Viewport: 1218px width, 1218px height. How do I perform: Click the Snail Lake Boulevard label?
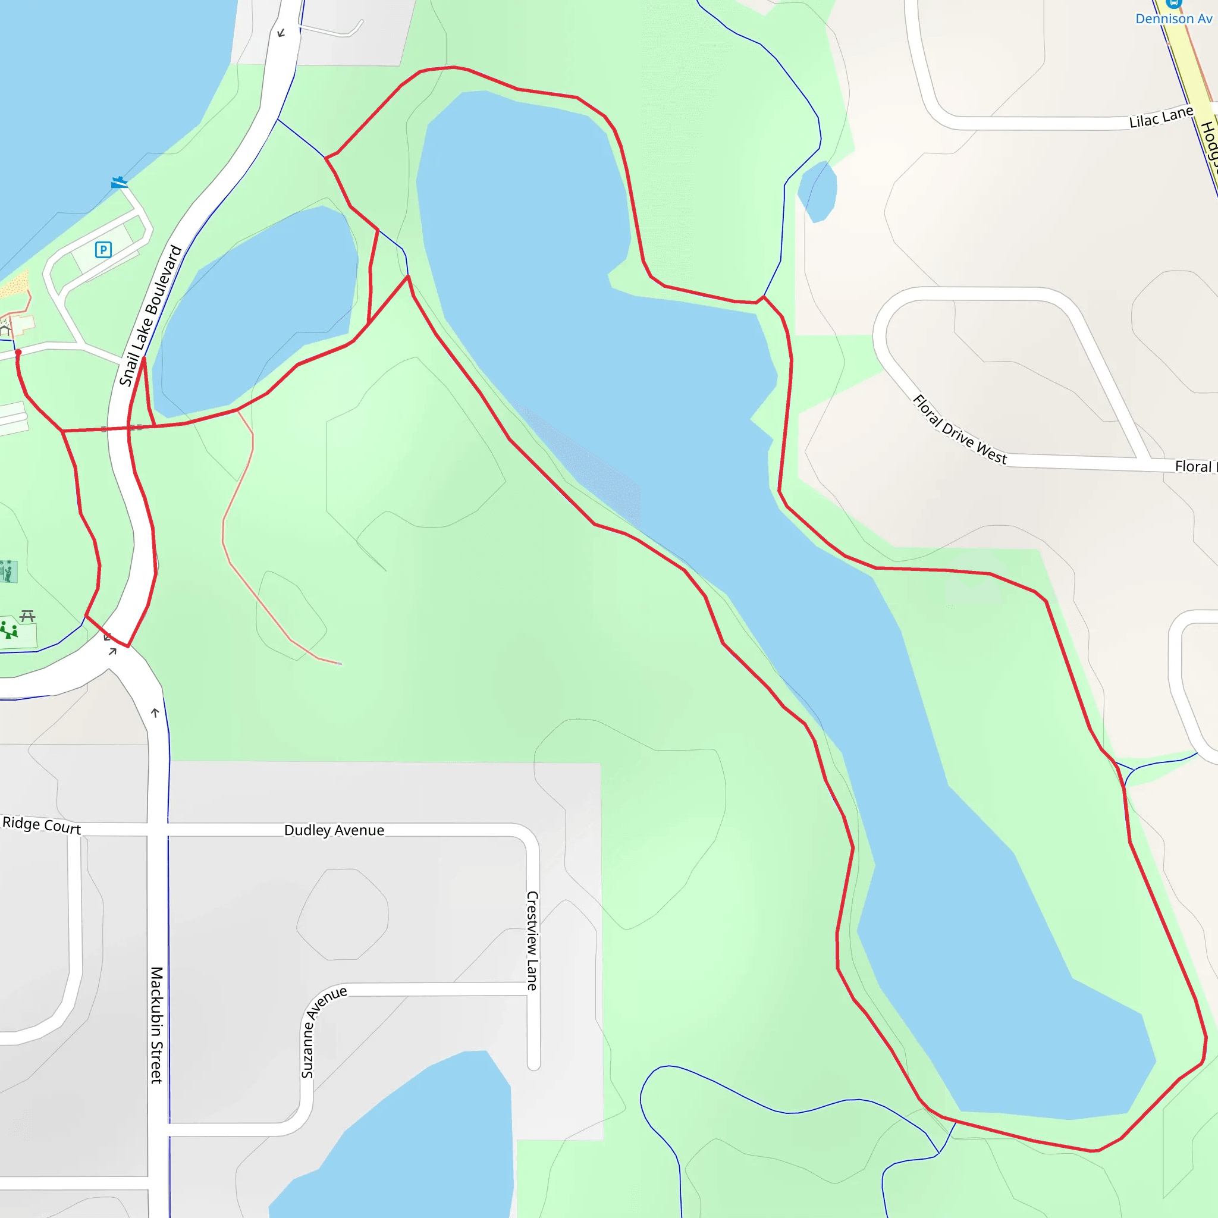[x=150, y=315]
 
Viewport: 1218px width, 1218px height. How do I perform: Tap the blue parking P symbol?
[x=103, y=250]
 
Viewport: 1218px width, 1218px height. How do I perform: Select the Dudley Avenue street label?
[x=334, y=830]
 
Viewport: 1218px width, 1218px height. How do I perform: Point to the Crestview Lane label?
[x=533, y=940]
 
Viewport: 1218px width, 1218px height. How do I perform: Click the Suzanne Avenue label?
[x=323, y=1031]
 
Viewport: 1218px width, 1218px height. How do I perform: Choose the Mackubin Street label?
[x=157, y=1025]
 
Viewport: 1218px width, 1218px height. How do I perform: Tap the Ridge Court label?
[x=42, y=825]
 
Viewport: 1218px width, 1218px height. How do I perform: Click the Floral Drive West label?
[x=959, y=429]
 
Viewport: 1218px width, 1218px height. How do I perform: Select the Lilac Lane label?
[x=1161, y=117]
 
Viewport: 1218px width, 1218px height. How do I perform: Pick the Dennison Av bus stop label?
[x=1173, y=18]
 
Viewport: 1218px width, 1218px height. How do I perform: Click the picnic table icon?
[x=27, y=616]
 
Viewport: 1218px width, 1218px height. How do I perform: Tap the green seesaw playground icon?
[x=9, y=630]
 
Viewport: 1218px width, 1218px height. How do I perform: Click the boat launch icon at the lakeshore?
[x=118, y=183]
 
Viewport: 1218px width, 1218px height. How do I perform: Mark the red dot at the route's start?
[x=18, y=353]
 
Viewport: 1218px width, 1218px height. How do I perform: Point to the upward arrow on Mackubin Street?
[x=155, y=713]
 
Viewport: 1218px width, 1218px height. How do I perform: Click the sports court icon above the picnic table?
[x=8, y=572]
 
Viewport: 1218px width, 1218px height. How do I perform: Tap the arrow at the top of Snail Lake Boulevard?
[x=281, y=33]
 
